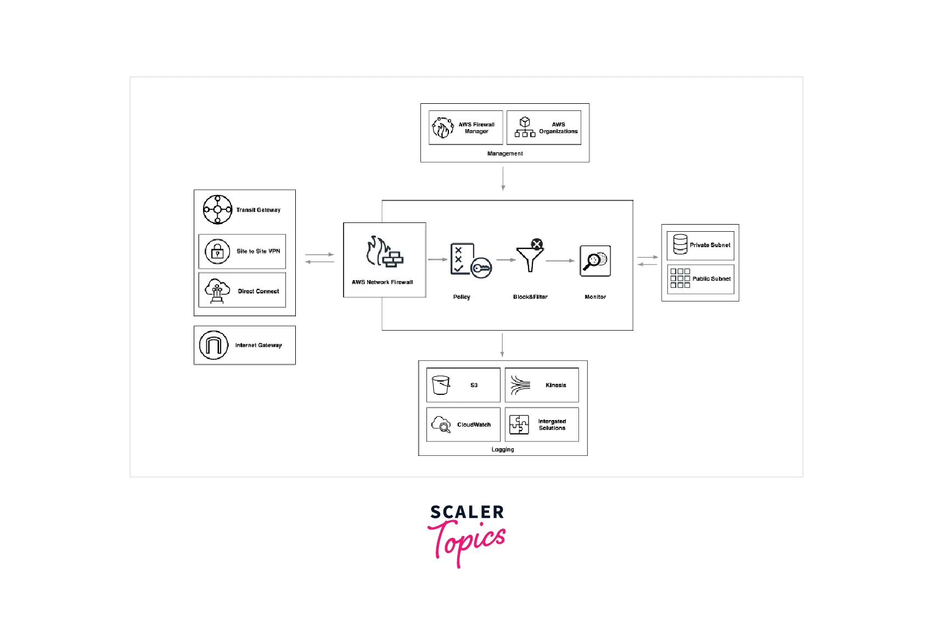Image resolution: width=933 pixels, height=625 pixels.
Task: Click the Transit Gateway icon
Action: pyautogui.click(x=217, y=209)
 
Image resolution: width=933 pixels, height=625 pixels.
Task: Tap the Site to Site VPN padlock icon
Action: pyautogui.click(x=217, y=252)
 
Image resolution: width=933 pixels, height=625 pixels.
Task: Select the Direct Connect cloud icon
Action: pyautogui.click(x=217, y=291)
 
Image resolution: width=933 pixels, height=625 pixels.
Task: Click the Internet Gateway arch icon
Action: pyautogui.click(x=213, y=345)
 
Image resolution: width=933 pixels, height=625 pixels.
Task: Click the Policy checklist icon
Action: pyautogui.click(x=469, y=260)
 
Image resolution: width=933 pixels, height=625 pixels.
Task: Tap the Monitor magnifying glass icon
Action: pyautogui.click(x=595, y=261)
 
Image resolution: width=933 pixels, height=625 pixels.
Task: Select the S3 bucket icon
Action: pyautogui.click(x=441, y=385)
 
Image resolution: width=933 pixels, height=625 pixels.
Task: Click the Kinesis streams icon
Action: pyautogui.click(x=520, y=385)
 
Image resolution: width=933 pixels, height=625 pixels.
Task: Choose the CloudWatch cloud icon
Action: pyautogui.click(x=441, y=425)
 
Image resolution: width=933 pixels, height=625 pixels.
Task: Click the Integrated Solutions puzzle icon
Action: pyautogui.click(x=519, y=425)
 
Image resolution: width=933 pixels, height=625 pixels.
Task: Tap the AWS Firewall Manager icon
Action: pyautogui.click(x=442, y=127)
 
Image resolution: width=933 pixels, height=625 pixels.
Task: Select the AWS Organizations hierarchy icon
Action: pyautogui.click(x=525, y=127)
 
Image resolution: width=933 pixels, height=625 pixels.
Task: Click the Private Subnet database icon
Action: pyautogui.click(x=680, y=244)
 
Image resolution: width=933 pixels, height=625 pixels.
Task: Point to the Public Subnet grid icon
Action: pyautogui.click(x=680, y=278)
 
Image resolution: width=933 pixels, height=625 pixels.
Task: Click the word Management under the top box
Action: pyautogui.click(x=505, y=154)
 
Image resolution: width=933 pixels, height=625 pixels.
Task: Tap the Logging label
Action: pyautogui.click(x=503, y=449)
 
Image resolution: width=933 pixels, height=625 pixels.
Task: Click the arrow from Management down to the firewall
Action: pyautogui.click(x=503, y=178)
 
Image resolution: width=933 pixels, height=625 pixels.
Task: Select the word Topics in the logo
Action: pyautogui.click(x=466, y=542)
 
